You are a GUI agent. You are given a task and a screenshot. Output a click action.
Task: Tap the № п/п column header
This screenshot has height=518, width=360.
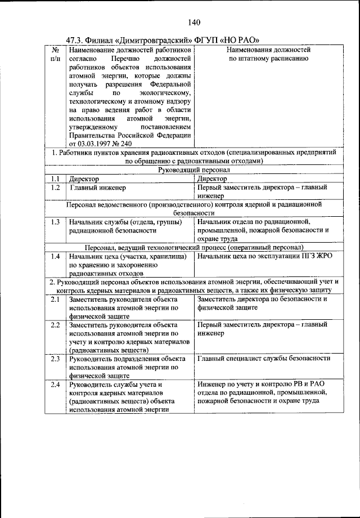(55, 54)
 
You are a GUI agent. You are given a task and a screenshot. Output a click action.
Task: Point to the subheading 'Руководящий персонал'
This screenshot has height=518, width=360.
(195, 169)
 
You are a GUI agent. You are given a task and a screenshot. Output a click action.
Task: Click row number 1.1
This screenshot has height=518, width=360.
(55, 178)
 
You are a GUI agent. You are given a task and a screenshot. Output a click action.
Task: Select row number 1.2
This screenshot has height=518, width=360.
(55, 187)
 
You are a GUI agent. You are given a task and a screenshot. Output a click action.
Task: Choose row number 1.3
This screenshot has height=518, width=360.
(55, 222)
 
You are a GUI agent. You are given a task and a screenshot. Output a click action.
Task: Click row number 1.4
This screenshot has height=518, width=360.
(55, 256)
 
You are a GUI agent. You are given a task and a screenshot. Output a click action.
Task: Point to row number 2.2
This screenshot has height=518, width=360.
(55, 325)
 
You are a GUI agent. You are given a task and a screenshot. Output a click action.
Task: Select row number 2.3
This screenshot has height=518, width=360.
(55, 359)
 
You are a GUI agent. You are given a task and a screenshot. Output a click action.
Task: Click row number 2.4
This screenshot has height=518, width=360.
(55, 385)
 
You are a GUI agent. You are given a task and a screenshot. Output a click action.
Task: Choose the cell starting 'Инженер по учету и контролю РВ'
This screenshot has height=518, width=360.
(262, 392)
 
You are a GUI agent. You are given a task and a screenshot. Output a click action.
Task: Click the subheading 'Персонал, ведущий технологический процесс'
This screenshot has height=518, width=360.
(195, 247)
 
